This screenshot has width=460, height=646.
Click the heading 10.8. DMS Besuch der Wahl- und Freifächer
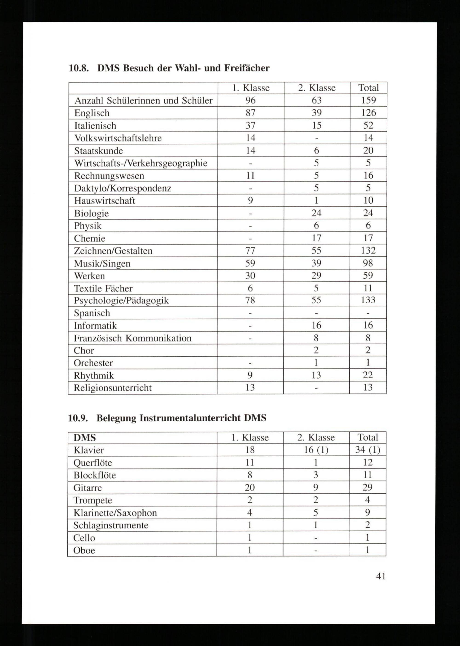tap(169, 68)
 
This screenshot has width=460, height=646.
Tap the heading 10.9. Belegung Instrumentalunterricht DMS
tap(167, 418)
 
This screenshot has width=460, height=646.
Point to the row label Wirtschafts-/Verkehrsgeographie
tap(141, 163)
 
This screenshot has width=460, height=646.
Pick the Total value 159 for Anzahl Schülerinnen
tap(368, 100)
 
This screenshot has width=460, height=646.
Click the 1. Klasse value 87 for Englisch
tap(250, 113)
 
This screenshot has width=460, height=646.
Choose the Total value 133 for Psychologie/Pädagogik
tap(368, 300)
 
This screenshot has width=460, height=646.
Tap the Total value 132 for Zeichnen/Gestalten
tap(368, 250)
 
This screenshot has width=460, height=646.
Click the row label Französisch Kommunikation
tap(132, 338)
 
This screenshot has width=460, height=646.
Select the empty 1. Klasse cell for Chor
tap(250, 350)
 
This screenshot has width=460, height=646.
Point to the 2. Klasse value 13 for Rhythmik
tap(316, 375)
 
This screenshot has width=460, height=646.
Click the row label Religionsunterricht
tap(112, 388)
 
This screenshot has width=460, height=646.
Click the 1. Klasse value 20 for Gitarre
tap(250, 487)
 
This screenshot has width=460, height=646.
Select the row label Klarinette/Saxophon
tap(115, 513)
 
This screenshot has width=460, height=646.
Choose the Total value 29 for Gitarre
tap(367, 487)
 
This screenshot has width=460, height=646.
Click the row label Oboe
tap(84, 550)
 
